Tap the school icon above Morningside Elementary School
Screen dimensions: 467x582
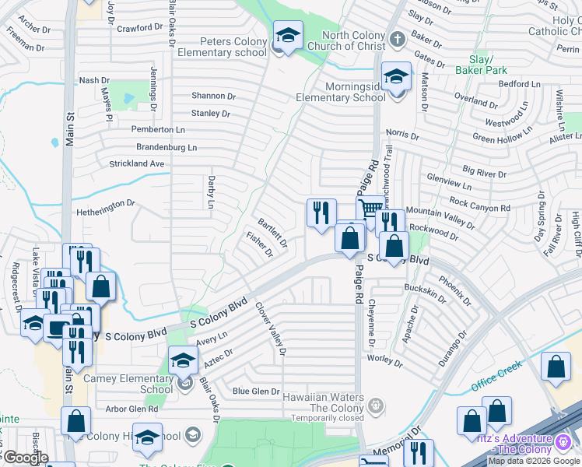coord(397,77)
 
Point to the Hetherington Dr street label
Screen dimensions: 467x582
coord(105,208)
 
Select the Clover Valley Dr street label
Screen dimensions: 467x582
coord(271,328)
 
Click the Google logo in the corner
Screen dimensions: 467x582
coord(25,458)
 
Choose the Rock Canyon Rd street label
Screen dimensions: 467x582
coord(479,205)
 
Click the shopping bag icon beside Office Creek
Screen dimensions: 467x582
coord(557,368)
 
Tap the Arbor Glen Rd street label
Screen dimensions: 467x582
coord(131,408)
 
